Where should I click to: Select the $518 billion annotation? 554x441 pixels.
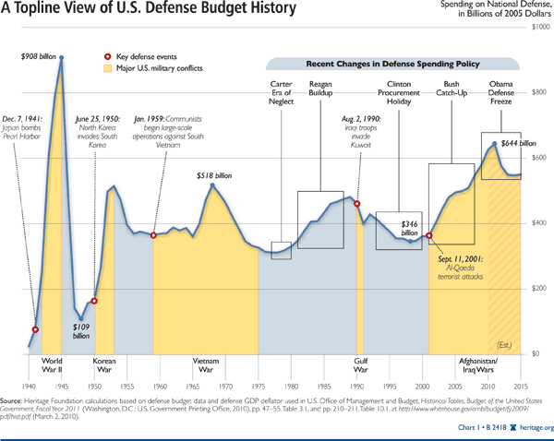point(214,174)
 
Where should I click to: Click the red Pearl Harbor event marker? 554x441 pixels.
point(35,329)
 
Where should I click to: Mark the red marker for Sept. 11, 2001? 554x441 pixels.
point(429,236)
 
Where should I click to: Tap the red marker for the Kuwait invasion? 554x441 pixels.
point(357,204)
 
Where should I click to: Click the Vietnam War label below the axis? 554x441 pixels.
point(205,365)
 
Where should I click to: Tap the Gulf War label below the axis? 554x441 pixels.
point(362,365)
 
